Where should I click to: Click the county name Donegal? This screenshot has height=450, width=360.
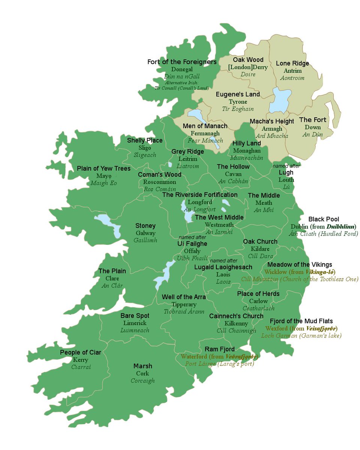click(182, 69)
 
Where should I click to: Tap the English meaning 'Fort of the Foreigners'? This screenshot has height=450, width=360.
click(182, 62)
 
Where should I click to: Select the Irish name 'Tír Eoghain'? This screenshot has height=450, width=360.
click(238, 109)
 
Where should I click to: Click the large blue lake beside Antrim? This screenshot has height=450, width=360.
click(282, 100)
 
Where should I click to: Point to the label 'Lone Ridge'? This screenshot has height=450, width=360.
click(292, 63)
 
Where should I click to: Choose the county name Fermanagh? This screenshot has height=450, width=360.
click(205, 133)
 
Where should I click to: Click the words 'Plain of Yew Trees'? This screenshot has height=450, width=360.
click(104, 168)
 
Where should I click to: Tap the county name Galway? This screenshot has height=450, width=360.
click(145, 233)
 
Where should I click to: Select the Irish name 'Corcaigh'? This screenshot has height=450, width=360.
click(142, 381)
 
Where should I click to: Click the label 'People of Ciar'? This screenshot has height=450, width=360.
click(81, 352)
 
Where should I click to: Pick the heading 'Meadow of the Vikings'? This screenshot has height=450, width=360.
click(300, 265)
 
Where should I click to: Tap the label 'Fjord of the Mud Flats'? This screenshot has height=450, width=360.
click(301, 321)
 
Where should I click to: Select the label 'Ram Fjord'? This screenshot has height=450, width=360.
click(219, 349)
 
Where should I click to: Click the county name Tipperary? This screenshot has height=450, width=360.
click(184, 304)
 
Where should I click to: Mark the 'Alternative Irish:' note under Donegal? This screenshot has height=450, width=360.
click(182, 82)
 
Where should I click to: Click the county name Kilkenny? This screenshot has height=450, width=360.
click(236, 323)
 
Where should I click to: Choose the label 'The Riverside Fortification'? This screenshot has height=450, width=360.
click(200, 195)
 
